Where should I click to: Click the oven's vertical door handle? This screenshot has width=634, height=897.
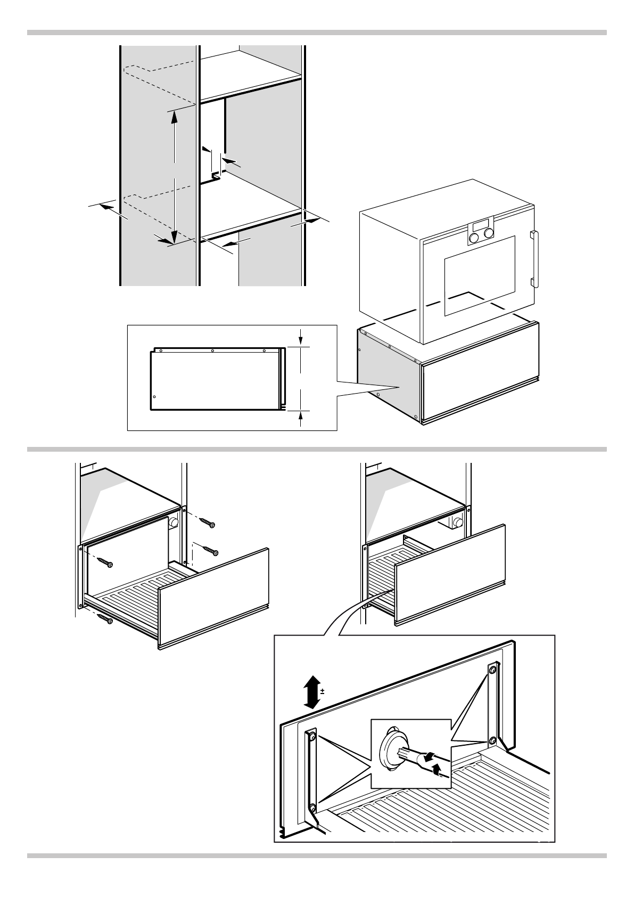pos(534,258)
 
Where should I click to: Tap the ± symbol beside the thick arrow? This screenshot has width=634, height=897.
pos(323,692)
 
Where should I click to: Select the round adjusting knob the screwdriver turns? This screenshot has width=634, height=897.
pos(391,750)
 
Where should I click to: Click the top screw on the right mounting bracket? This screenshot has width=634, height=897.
pos(493,669)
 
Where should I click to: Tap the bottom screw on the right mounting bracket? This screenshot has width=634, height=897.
pos(493,740)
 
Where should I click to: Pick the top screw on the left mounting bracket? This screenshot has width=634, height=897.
pos(312,738)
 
